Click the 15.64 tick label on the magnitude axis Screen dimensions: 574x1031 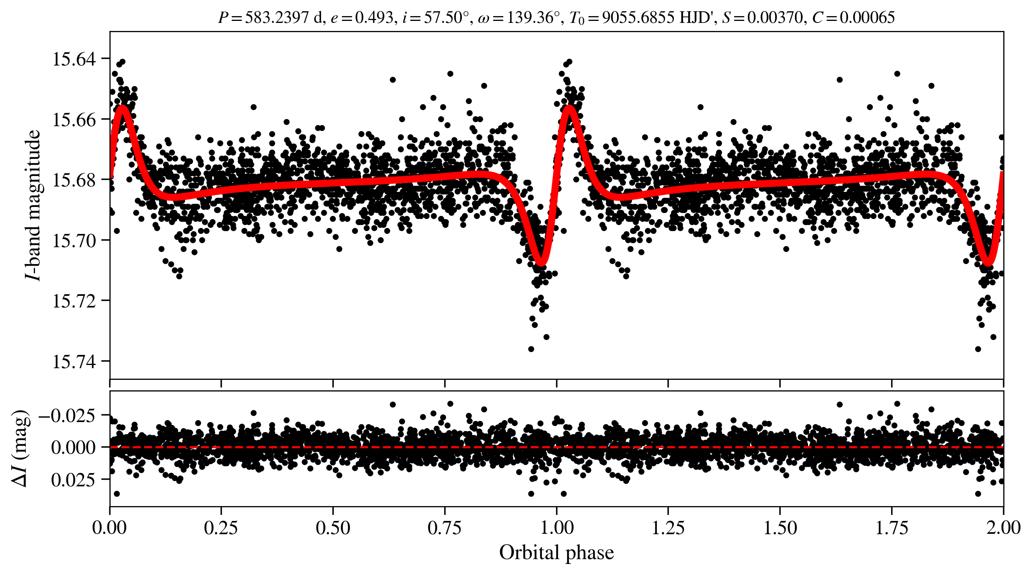point(74,59)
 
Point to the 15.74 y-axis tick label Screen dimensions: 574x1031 point(74,362)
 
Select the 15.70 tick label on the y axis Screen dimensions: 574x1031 point(74,241)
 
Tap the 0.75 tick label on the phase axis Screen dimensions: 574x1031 point(445,527)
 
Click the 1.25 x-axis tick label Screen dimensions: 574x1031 point(668,527)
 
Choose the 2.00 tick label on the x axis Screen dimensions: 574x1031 point(1003,527)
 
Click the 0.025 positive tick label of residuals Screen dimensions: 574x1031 point(73,480)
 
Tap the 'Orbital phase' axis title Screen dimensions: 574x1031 point(556,553)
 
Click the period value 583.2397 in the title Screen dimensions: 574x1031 point(277,18)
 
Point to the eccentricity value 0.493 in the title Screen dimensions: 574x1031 point(374,18)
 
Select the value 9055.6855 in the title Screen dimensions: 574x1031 point(638,18)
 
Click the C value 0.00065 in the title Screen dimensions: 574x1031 point(867,18)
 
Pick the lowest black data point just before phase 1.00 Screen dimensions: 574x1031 point(531,349)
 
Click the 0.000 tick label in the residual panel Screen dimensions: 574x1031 point(73,447)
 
